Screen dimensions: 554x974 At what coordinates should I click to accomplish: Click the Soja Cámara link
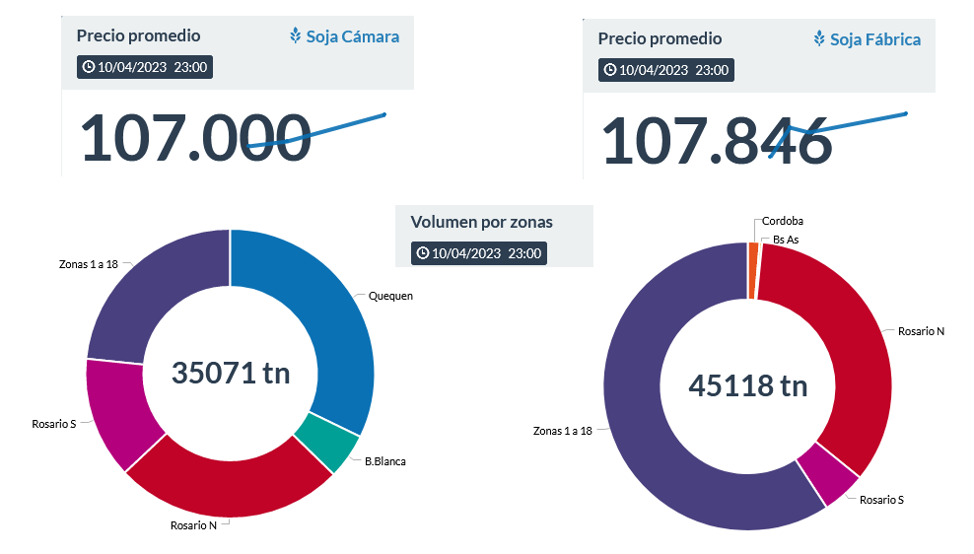(x=352, y=36)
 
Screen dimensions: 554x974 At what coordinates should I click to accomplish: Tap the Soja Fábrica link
(x=874, y=39)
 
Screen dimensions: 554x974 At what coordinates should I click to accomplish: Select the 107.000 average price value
(x=194, y=138)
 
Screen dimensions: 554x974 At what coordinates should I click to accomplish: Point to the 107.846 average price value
(x=717, y=141)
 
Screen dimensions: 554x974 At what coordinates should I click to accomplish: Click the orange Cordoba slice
(x=753, y=256)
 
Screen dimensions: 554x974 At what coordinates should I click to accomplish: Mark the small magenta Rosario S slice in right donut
(x=826, y=472)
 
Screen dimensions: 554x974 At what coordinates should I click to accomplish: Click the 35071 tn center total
(x=231, y=373)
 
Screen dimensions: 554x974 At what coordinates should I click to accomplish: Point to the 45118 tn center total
(x=747, y=385)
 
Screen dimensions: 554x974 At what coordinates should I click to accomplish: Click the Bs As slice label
(x=786, y=240)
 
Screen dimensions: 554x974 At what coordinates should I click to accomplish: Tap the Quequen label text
(x=390, y=296)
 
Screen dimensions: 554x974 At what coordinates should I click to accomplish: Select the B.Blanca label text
(x=384, y=460)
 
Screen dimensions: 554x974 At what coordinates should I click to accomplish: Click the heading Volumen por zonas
(x=481, y=222)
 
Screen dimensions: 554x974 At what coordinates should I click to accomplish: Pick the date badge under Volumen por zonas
(x=478, y=252)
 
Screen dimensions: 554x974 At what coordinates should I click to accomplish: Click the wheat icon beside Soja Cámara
(x=295, y=36)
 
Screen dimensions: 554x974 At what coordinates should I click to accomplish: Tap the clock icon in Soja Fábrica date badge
(x=610, y=70)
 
